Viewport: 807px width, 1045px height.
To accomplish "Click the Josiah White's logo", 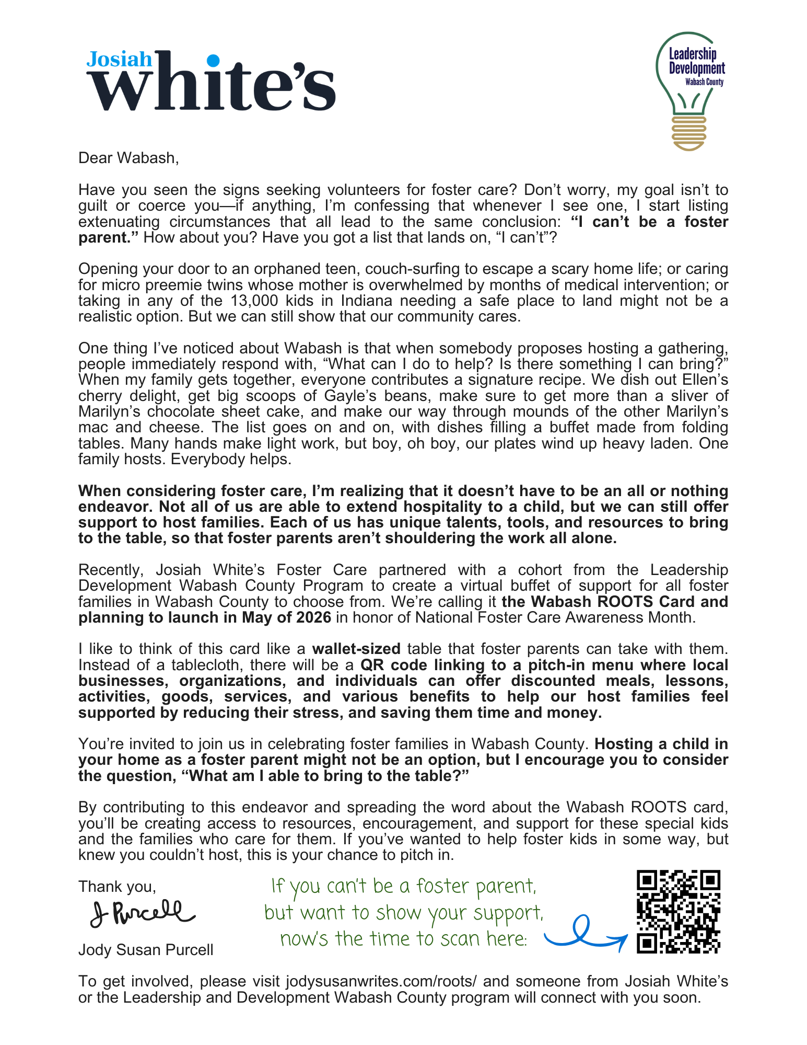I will click(210, 81).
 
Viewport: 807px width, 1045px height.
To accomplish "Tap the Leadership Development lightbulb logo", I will click(689, 91).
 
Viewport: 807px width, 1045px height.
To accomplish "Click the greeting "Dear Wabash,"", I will click(128, 158).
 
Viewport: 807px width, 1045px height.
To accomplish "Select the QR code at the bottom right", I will click(679, 911).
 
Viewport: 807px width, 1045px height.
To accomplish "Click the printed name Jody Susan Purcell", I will click(146, 949).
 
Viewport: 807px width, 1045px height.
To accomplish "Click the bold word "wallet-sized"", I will click(356, 649).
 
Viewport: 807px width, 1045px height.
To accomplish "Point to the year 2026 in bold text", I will click(313, 617).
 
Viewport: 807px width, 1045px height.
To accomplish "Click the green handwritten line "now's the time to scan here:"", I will click(403, 939).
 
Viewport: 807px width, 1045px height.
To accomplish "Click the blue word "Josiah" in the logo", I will click(119, 59).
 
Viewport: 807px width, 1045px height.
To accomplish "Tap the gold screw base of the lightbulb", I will click(689, 133).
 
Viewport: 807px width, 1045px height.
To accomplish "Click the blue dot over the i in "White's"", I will click(213, 61).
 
